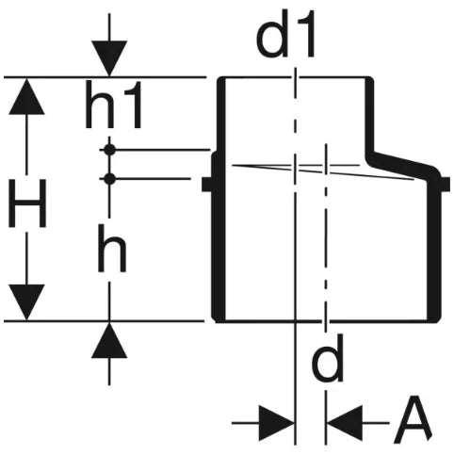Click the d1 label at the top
pos(285,35)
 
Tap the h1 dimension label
pos(114,105)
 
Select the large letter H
pos(27,203)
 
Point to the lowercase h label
pos(112,248)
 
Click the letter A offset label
pos(413,420)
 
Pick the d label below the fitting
pos(328,358)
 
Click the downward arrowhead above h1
pos(109,58)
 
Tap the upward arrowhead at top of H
pos(26,96)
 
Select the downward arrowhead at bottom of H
pos(26,302)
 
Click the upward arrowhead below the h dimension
pos(109,340)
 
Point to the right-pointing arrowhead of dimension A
pos(277,423)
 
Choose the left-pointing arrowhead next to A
pos(345,423)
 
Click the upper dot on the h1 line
pos(109,150)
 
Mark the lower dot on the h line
pos(109,179)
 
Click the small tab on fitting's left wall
pos(207,185)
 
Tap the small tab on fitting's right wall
pos(446,185)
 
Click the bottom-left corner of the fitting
pos(218,320)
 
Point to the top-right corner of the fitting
pos(370,78)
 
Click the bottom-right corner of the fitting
pos(437,320)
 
